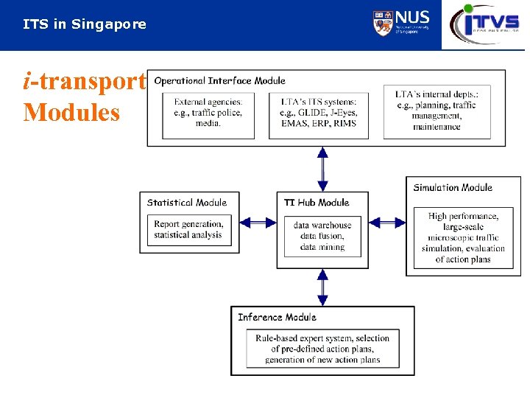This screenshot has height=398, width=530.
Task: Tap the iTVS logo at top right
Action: click(x=485, y=24)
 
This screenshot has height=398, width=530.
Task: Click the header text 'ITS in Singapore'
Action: click(x=85, y=24)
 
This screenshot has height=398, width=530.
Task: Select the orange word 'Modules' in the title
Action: click(x=71, y=113)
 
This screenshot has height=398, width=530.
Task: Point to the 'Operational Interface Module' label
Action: click(x=219, y=80)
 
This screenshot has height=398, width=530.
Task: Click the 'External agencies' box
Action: click(x=208, y=112)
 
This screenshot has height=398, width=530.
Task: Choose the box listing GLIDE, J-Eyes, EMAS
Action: click(x=318, y=112)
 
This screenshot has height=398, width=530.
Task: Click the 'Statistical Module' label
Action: click(x=187, y=203)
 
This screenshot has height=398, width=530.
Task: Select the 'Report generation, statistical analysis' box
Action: click(x=188, y=230)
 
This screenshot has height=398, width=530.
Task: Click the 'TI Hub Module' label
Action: click(x=317, y=203)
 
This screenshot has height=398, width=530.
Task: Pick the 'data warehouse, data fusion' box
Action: click(x=322, y=236)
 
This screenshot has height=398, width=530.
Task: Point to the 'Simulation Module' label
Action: click(x=453, y=188)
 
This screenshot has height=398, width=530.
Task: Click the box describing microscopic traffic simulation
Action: click(x=463, y=237)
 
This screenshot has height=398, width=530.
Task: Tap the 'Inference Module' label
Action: click(x=277, y=317)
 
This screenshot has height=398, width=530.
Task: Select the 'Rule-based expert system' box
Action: click(x=322, y=349)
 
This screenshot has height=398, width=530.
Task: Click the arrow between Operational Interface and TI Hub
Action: click(x=322, y=169)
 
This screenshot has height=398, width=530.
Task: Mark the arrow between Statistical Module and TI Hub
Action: click(x=257, y=222)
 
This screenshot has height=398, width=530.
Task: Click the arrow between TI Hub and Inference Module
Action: click(x=322, y=287)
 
